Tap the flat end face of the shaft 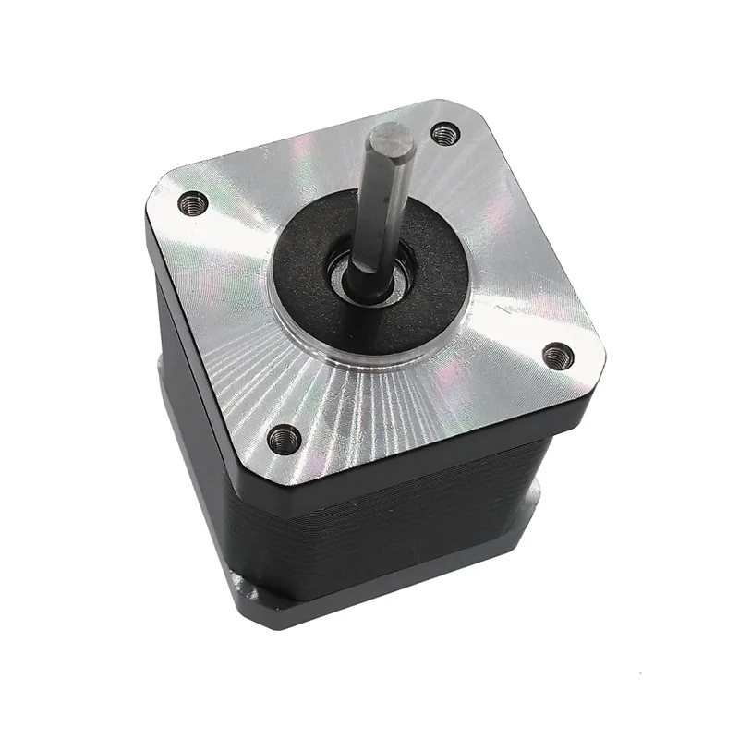391,141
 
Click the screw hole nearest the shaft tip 446,135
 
